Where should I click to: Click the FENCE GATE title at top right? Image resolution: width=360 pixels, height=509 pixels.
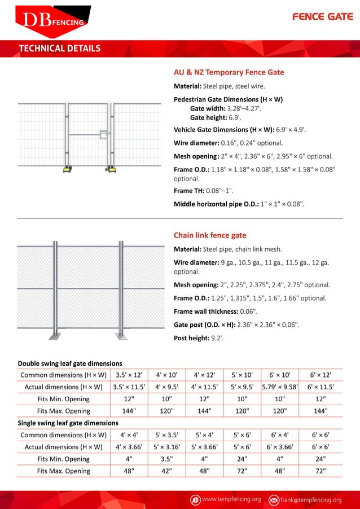click(x=323, y=17)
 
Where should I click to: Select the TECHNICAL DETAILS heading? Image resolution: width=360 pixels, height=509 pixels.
click(x=60, y=48)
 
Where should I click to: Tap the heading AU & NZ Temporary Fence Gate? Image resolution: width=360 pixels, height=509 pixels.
click(x=229, y=72)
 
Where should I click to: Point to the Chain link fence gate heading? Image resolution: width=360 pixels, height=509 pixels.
click(x=209, y=235)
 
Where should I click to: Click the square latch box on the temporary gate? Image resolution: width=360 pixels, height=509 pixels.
click(x=103, y=135)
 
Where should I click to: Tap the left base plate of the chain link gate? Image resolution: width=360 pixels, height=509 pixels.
click(x=55, y=336)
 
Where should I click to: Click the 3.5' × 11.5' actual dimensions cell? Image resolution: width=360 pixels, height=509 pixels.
click(x=129, y=387)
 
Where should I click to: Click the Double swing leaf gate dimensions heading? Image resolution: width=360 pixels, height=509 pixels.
click(x=70, y=363)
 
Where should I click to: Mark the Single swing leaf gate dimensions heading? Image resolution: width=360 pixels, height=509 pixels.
click(x=68, y=423)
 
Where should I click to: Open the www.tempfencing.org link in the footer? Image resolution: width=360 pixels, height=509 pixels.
click(x=231, y=500)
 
